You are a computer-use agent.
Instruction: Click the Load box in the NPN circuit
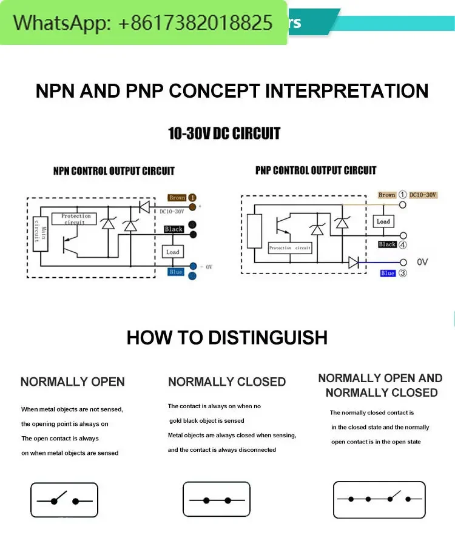tap(173, 252)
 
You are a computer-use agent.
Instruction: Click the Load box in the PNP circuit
tap(383, 221)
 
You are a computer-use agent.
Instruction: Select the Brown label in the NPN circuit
tap(177, 198)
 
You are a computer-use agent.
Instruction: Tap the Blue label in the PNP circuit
tap(388, 274)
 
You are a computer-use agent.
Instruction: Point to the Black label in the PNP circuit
tap(387, 244)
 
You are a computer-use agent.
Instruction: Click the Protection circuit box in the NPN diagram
tap(76, 218)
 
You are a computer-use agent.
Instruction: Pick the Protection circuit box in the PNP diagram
tap(290, 247)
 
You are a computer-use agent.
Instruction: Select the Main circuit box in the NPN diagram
tap(41, 234)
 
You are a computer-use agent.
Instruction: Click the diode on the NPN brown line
tap(144, 207)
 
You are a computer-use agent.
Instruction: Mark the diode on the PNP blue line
tap(354, 262)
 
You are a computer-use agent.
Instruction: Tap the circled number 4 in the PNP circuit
tap(403, 245)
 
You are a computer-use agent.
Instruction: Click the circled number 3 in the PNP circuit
tap(403, 274)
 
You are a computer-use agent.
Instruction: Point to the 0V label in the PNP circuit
tap(423, 262)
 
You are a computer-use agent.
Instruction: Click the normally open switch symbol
tap(64, 500)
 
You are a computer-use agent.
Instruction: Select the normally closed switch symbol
tap(217, 500)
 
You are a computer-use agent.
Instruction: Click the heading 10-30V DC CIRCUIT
tap(224, 133)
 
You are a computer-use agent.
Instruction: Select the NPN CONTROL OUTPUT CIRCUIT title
tap(113, 171)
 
